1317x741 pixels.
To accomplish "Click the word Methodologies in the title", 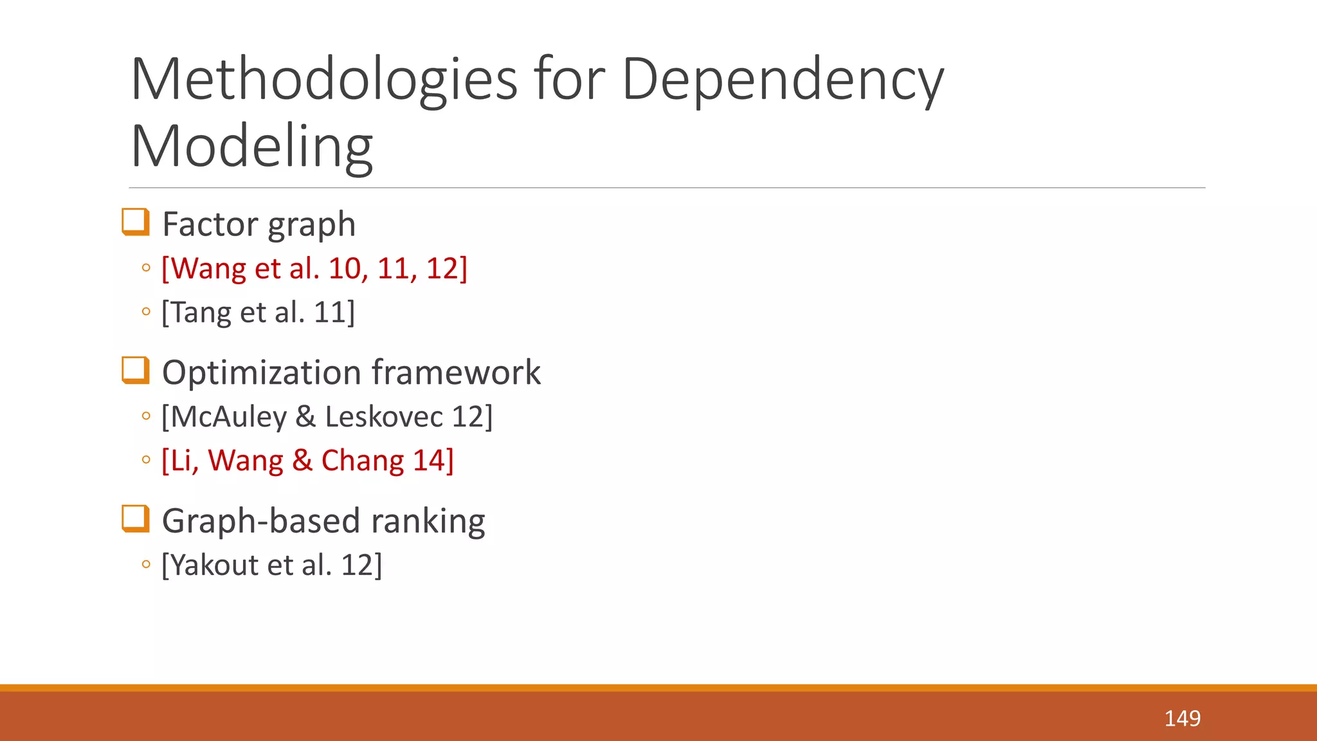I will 323,80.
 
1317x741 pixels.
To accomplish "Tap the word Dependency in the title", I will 783,80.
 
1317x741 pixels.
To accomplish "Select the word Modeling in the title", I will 251,147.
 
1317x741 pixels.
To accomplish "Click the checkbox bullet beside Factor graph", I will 136,222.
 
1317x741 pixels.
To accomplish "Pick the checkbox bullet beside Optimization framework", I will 136,370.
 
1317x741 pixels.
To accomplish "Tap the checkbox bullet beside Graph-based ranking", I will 136,518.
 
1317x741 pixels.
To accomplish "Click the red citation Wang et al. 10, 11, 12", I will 314,268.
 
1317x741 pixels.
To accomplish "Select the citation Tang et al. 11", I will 258,313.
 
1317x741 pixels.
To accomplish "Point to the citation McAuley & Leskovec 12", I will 327,417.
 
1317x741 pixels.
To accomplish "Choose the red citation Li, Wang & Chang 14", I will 307,461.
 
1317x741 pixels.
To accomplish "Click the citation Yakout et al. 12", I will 271,565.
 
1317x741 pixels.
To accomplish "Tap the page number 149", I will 1182,718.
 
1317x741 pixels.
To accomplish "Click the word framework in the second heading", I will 456,372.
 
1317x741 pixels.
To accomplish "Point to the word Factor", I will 209,224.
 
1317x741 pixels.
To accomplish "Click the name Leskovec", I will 383,417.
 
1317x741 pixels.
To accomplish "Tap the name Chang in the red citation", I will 362,461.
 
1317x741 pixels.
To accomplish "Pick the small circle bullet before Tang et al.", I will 146,312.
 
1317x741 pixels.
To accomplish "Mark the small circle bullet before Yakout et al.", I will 146,565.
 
